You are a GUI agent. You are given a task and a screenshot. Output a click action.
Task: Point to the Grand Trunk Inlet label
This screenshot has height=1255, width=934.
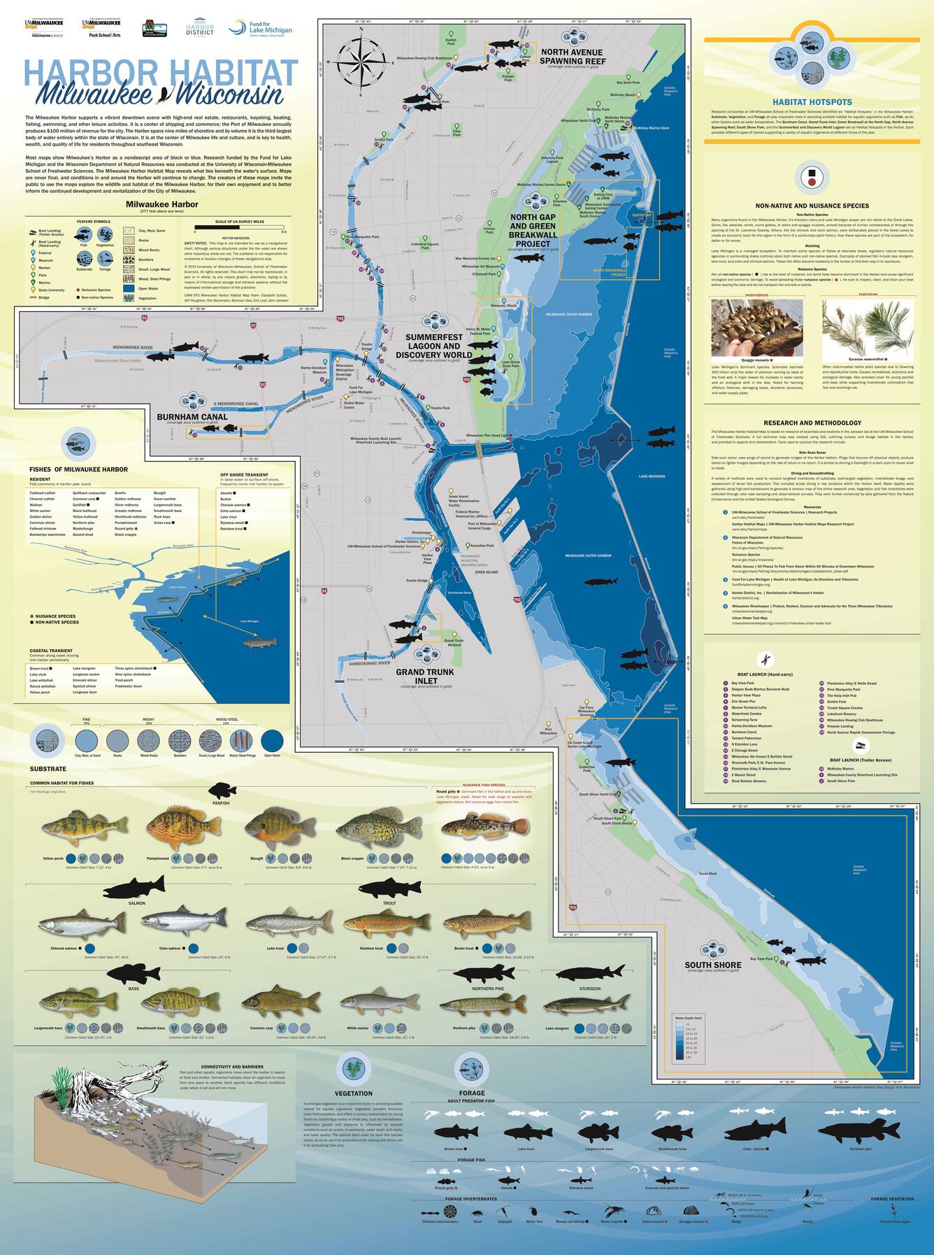point(424,676)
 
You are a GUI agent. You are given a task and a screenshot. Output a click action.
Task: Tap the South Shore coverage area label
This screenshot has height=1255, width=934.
point(712,965)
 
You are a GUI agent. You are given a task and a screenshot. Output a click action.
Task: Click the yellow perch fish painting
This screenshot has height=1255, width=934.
point(75,830)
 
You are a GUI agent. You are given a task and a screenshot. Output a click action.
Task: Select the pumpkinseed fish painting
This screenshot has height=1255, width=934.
point(174,827)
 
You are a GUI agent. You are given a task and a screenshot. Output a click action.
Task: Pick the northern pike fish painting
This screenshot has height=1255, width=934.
point(482,1005)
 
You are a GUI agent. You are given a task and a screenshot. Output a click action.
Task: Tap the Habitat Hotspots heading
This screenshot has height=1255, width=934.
point(812,101)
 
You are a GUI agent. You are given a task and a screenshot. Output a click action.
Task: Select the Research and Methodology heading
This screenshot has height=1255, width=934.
point(812,423)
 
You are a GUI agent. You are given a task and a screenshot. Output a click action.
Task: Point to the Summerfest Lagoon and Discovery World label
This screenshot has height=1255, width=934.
point(433,346)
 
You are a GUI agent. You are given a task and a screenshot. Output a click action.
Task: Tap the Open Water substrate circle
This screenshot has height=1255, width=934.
point(273,740)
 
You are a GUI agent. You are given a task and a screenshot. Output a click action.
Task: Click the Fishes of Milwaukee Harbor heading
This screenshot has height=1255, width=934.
point(78,469)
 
